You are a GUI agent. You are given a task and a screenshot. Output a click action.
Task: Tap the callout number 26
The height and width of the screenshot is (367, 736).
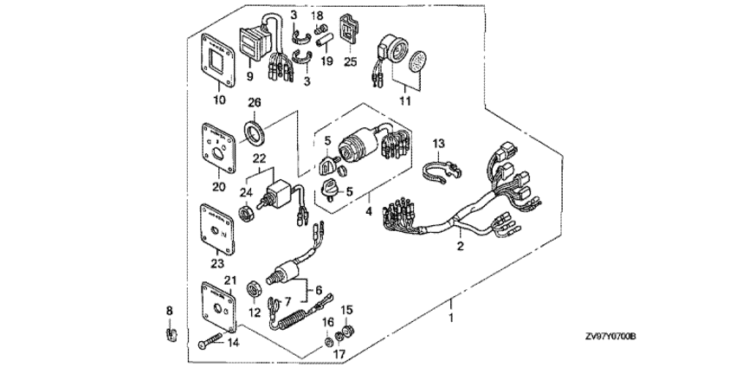coord(255,103)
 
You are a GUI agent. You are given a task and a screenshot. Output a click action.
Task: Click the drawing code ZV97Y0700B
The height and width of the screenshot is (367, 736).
coord(610,336)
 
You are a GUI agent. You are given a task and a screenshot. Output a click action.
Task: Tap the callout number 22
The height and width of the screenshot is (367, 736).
coord(259,159)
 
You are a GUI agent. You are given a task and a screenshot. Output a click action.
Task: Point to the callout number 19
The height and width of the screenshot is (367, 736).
coord(326,62)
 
